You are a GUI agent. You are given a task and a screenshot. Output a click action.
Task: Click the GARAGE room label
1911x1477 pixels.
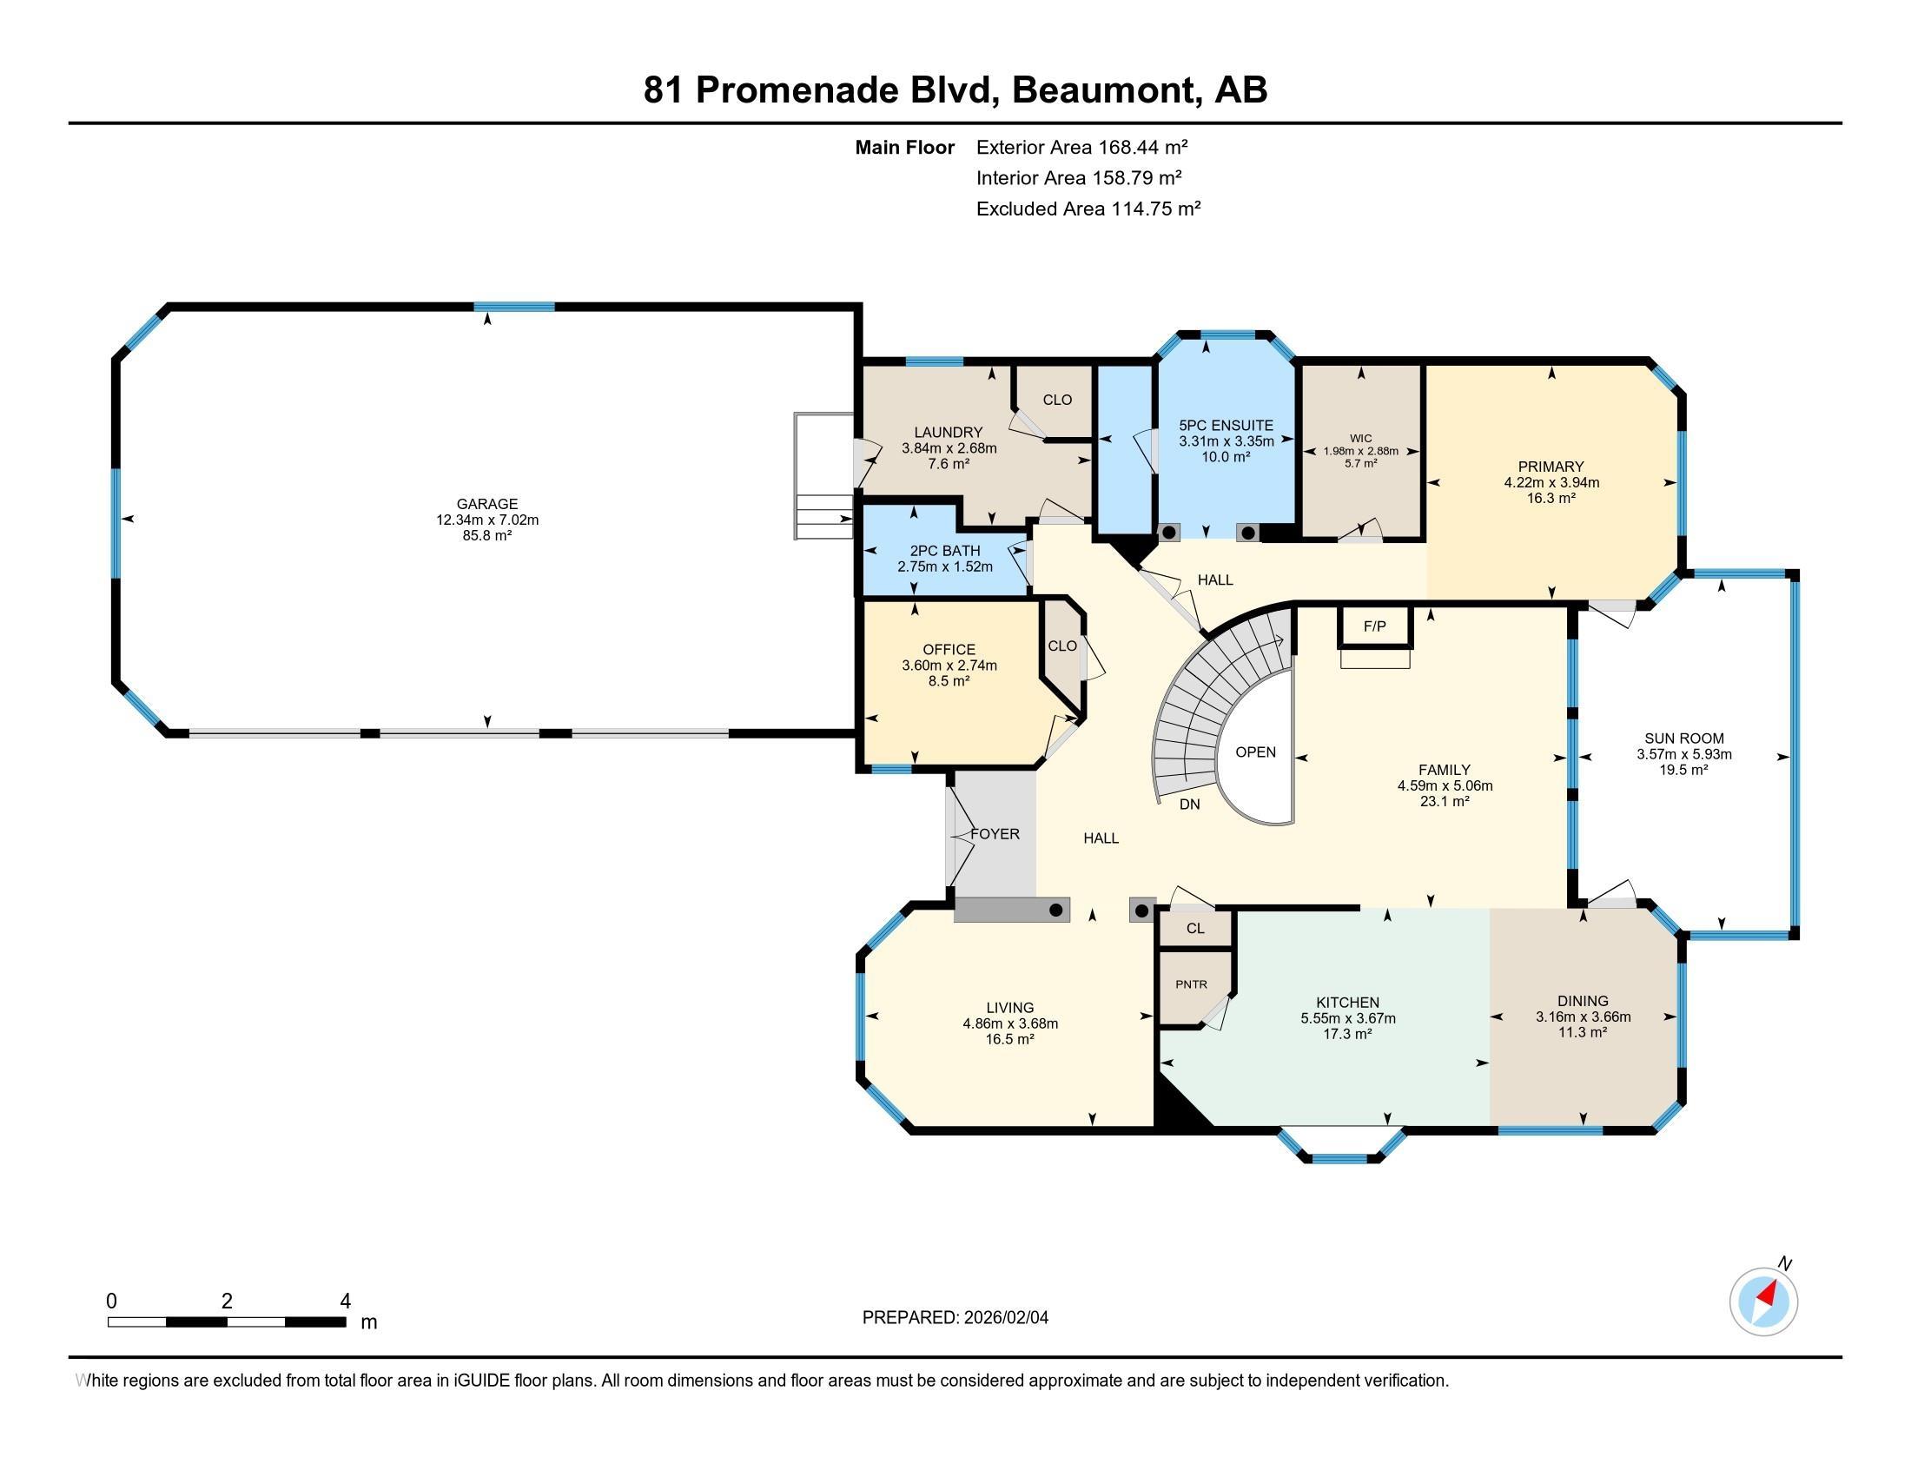487,504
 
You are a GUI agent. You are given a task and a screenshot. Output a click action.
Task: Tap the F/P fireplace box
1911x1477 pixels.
1375,626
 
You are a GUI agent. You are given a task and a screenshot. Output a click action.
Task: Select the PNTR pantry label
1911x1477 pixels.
1191,984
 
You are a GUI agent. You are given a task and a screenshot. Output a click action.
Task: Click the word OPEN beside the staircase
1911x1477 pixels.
1256,752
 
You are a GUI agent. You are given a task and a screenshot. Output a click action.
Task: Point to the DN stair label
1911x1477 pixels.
1189,805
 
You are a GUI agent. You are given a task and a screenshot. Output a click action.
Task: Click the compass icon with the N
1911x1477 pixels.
1763,1301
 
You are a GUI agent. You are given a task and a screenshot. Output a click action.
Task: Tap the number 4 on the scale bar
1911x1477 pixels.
346,1301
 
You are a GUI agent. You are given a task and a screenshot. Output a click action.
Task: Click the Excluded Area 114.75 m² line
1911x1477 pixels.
1088,209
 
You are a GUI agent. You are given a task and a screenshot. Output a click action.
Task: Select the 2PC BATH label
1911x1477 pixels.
945,551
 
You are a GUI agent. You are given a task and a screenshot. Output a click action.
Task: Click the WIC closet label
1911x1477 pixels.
1360,440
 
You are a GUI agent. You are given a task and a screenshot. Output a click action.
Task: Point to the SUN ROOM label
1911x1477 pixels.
1683,738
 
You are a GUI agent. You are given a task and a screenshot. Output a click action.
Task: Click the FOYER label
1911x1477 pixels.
995,835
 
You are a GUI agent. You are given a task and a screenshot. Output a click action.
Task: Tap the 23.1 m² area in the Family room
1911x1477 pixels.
1445,802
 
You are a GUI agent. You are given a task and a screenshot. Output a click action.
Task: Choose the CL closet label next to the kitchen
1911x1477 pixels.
1195,929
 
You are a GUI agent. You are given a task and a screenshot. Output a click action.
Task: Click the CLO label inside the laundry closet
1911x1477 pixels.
1057,400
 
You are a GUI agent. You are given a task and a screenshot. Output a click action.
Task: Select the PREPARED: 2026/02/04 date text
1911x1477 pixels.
955,1318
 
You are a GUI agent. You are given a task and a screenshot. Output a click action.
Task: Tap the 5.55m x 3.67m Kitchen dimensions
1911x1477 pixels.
1347,1018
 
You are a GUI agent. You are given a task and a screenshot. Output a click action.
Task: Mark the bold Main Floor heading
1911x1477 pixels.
904,148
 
